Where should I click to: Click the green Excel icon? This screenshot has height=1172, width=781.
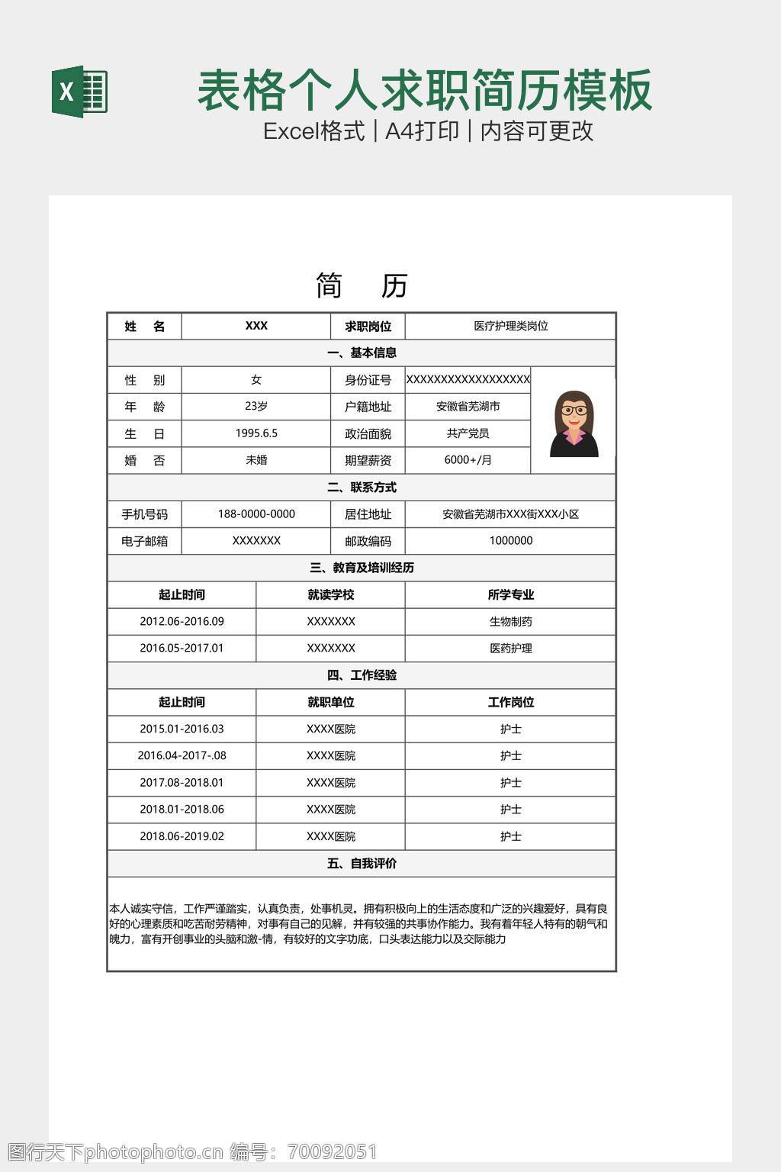[x=79, y=92]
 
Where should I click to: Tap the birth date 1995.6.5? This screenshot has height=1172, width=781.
[x=256, y=433]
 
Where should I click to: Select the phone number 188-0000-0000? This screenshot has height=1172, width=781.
[x=256, y=514]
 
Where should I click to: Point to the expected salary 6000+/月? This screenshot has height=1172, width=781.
[x=468, y=460]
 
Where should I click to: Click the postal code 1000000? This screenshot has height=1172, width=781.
[x=510, y=541]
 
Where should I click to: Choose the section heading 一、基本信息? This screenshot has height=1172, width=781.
[x=362, y=353]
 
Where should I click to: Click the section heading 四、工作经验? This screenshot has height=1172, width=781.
[x=362, y=675]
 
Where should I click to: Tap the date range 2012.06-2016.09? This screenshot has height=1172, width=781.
[x=182, y=622]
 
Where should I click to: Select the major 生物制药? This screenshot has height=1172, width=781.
[x=510, y=622]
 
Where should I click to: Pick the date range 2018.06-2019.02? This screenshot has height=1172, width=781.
[x=182, y=836]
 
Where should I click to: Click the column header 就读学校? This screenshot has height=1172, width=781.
[x=330, y=595]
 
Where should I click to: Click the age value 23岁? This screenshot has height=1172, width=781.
[x=256, y=407]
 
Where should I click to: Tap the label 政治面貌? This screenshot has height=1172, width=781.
[x=368, y=434]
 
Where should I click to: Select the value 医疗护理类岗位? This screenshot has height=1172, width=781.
[x=510, y=327]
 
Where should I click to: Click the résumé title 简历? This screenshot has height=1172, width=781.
[x=362, y=286]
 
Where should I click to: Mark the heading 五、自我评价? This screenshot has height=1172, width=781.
[x=362, y=864]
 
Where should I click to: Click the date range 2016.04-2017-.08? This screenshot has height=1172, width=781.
[x=182, y=756]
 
